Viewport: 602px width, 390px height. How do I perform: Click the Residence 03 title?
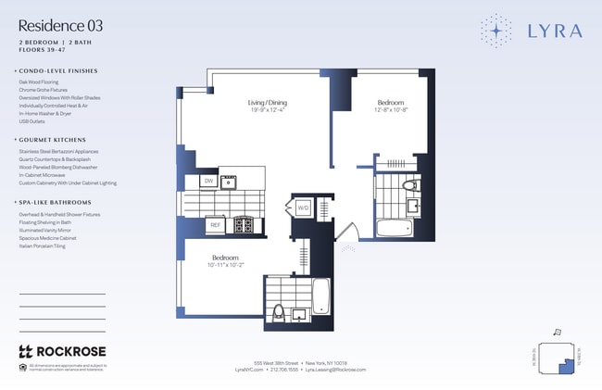pyautogui.click(x=60, y=25)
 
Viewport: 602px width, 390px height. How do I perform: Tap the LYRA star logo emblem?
pyautogui.click(x=496, y=31)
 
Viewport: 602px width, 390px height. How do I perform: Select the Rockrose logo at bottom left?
pyautogui.click(x=61, y=351)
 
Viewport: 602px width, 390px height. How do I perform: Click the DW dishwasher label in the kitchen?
pyautogui.click(x=209, y=181)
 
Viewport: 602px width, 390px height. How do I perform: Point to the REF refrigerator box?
pyautogui.click(x=215, y=224)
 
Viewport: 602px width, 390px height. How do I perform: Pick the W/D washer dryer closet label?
pyautogui.click(x=303, y=208)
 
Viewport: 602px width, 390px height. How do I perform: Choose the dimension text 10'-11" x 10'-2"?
pyautogui.click(x=226, y=265)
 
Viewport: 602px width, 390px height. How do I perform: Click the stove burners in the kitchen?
pyautogui.click(x=245, y=224)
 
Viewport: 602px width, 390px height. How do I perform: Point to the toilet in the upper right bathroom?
pyautogui.click(x=408, y=189)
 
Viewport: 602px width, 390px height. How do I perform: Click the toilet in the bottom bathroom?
pyautogui.click(x=278, y=312)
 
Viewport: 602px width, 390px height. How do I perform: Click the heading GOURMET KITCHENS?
pyautogui.click(x=54, y=139)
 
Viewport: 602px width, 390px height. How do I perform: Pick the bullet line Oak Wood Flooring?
pyautogui.click(x=39, y=82)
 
